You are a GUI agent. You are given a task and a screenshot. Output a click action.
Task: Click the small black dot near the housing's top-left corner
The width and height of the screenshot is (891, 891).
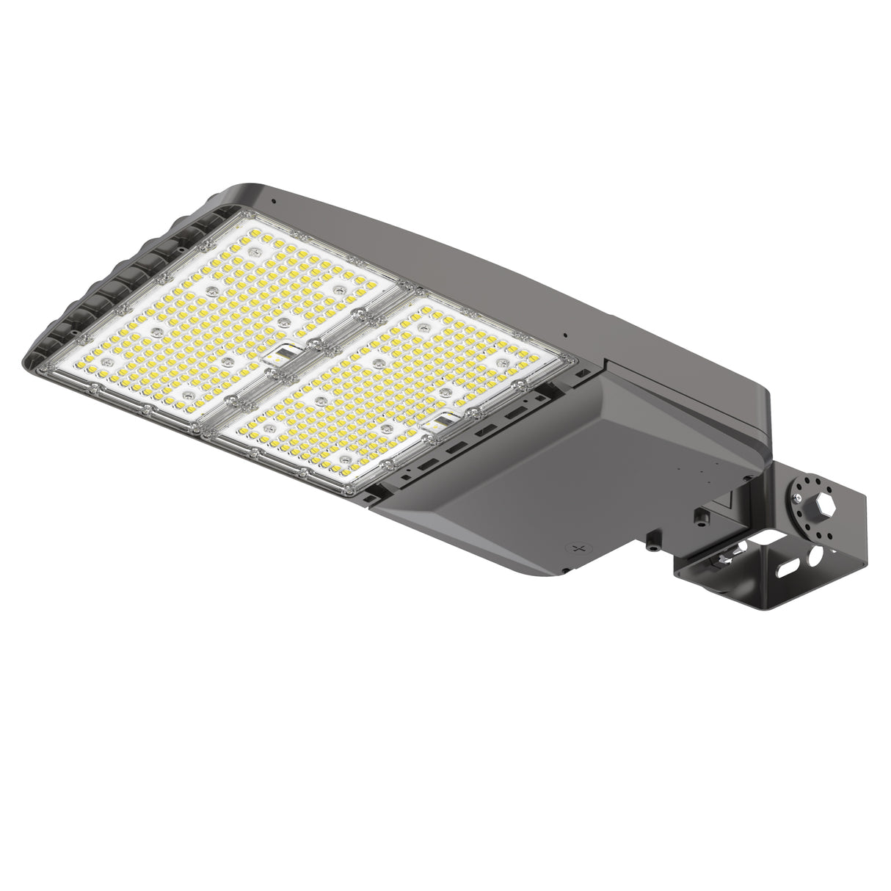[273, 200]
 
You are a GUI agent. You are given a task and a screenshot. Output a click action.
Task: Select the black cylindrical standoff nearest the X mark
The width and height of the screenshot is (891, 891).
[650, 544]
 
